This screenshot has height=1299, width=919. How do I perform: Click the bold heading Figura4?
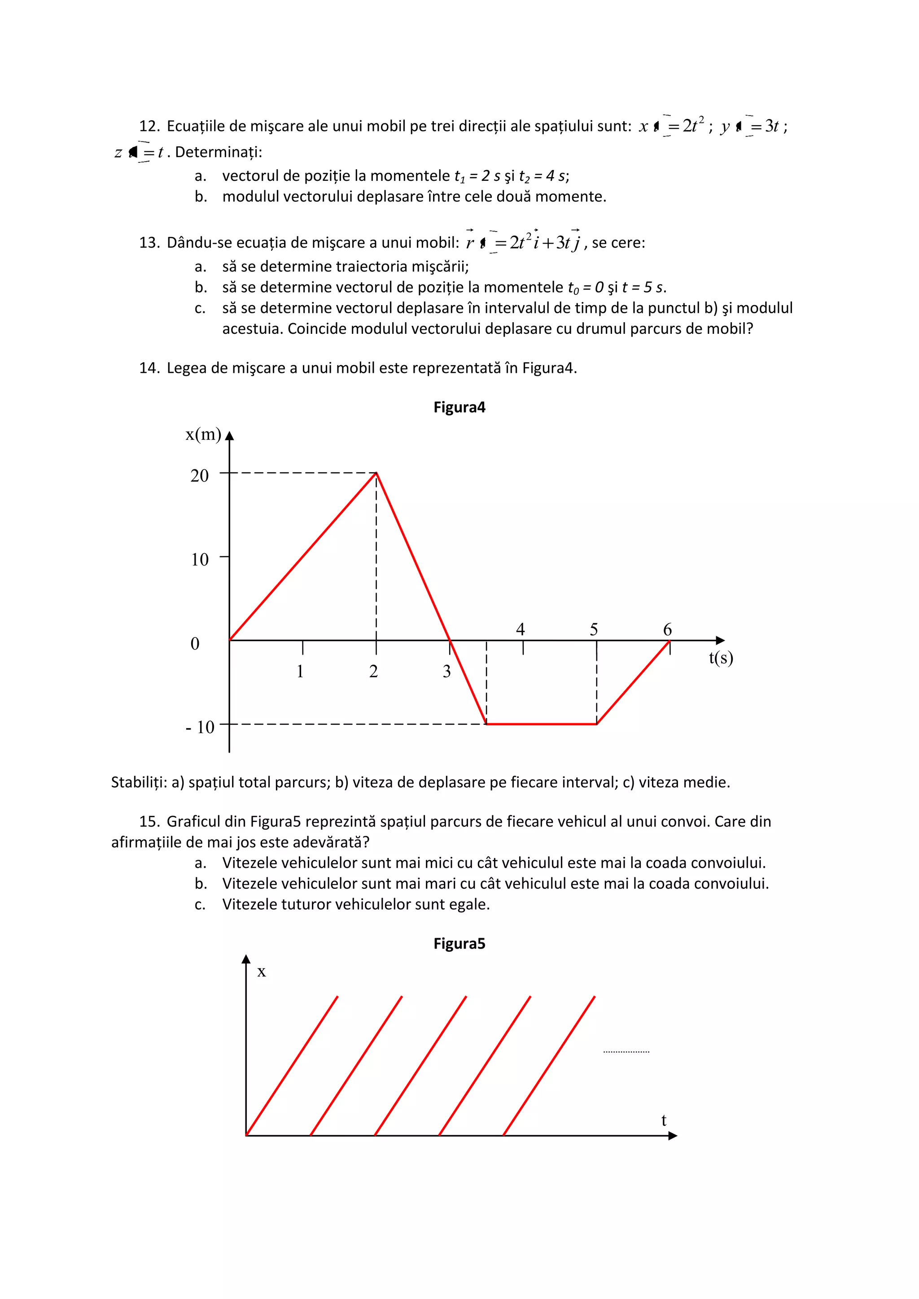pos(459,407)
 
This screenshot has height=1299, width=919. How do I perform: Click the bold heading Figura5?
pos(459,944)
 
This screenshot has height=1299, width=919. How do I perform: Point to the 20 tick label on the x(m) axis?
pos(199,475)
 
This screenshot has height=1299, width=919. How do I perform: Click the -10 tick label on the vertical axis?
pos(200,726)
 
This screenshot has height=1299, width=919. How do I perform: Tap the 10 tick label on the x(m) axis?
pos(199,560)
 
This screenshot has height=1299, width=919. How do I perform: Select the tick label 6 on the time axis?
pos(667,629)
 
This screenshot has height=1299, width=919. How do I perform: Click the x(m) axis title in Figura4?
pos(203,434)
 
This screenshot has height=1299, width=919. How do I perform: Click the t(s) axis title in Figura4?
pos(720,657)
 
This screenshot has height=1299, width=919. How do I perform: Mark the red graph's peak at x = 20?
pos(376,473)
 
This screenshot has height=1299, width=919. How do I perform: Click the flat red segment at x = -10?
pos(541,724)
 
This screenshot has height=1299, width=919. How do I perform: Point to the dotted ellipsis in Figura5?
pos(626,1052)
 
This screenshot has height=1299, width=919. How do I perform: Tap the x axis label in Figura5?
pos(262,972)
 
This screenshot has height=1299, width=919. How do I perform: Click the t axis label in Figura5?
pos(664,1120)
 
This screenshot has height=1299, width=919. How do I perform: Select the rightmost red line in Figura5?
pos(549,1066)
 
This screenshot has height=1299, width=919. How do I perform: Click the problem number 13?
pos(149,243)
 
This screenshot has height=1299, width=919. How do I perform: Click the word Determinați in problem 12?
pos(218,152)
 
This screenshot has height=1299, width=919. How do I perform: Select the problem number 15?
pos(149,822)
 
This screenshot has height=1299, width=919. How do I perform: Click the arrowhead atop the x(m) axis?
pos(229,436)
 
